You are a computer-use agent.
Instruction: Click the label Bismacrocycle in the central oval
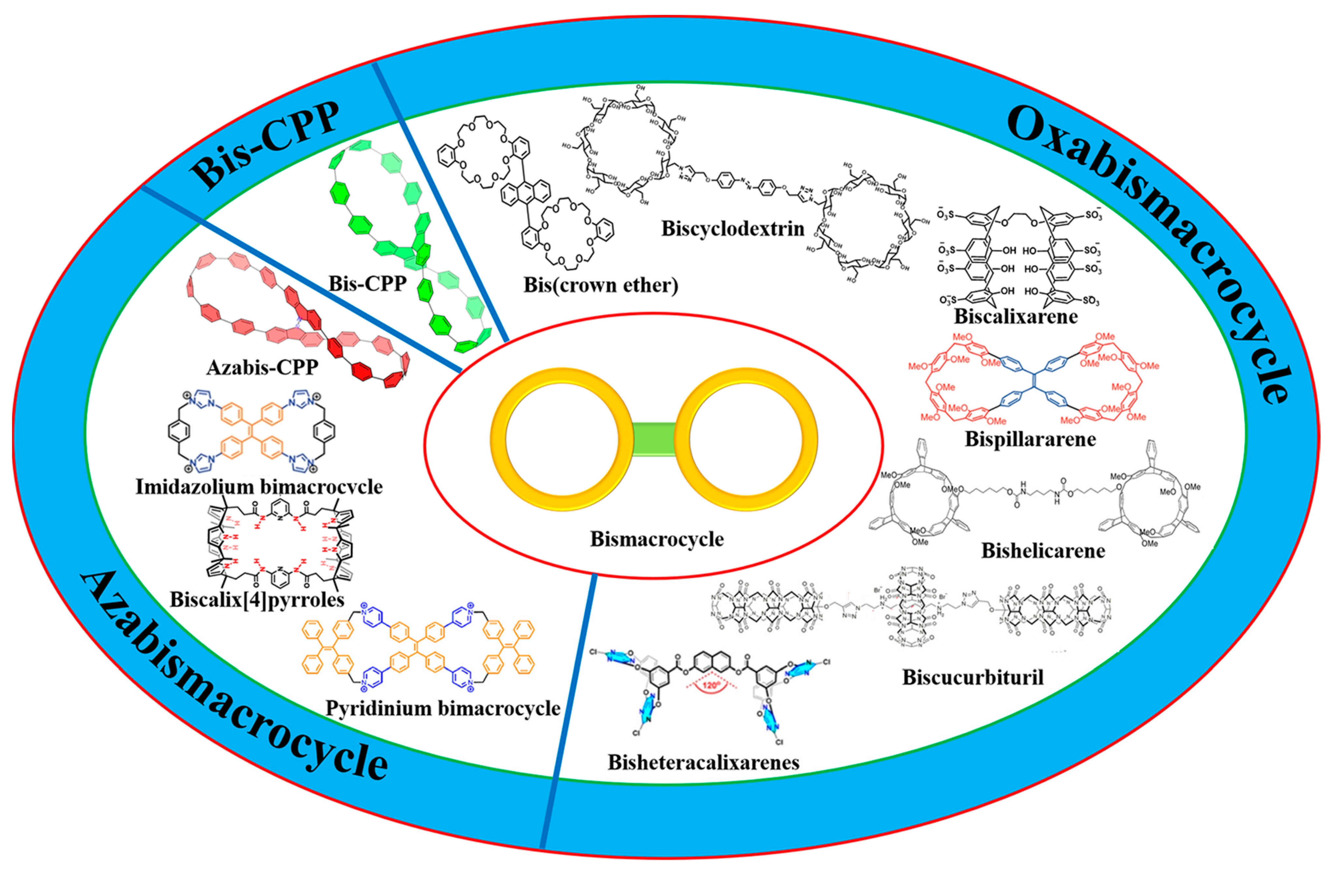(x=656, y=539)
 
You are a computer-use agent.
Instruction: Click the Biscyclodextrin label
(x=733, y=229)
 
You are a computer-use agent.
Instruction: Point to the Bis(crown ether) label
(x=601, y=285)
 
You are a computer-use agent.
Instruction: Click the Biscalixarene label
(x=1016, y=317)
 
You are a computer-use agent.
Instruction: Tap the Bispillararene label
(x=1030, y=439)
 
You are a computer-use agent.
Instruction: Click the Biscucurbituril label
(x=973, y=678)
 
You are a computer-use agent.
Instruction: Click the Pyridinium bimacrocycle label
(x=443, y=708)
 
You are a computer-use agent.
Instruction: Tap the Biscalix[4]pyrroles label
(x=257, y=600)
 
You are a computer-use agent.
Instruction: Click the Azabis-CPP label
(x=262, y=368)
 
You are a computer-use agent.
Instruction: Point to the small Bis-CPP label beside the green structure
(x=367, y=284)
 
